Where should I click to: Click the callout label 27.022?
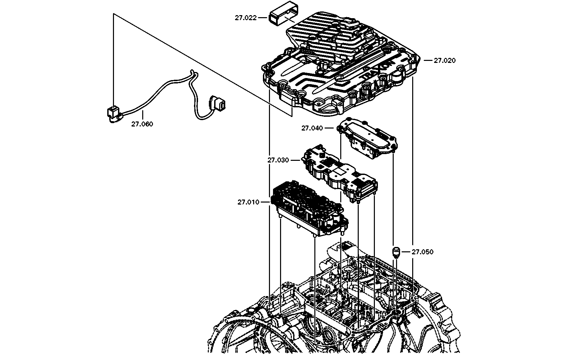tap(245, 18)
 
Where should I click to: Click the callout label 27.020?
tap(444, 61)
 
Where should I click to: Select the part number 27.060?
tap(142, 124)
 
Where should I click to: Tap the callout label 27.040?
tap(312, 128)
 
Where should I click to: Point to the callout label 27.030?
tap(278, 160)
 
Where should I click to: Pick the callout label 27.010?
tap(248, 202)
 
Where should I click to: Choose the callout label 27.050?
tap(423, 252)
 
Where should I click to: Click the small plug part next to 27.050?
tap(397, 252)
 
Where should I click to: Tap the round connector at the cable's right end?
tap(217, 103)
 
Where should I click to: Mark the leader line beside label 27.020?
tap(428, 61)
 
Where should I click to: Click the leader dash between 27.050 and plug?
tap(406, 252)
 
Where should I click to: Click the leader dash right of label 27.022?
tap(263, 18)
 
